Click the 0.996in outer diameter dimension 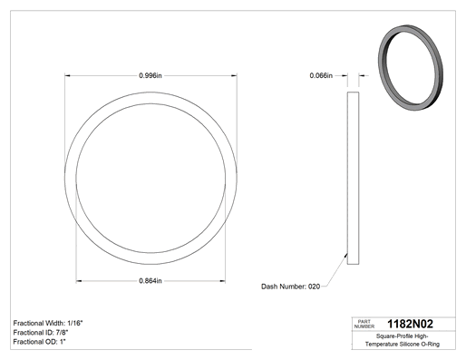pos(150,75)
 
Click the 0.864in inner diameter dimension pos(150,281)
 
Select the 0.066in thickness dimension pos(321,75)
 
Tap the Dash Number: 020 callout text pos(290,287)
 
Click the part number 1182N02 pos(410,324)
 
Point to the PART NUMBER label pos(364,324)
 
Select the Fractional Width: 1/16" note pos(48,323)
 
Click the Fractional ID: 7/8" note pos(41,333)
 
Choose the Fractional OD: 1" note pos(39,342)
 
